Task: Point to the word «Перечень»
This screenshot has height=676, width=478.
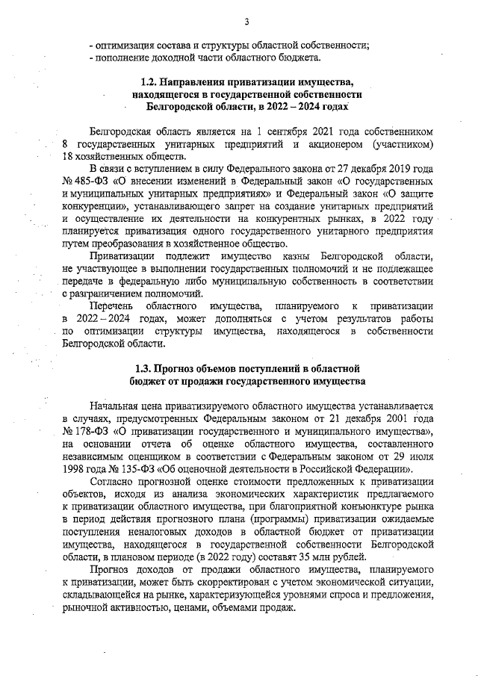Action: [x=112, y=306]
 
